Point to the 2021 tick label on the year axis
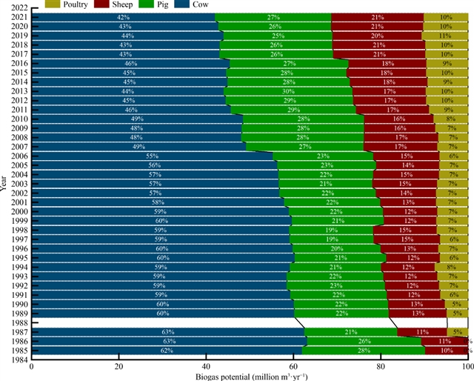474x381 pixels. click(20, 17)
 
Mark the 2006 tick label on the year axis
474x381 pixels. click(20, 156)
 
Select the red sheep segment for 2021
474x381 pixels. click(378, 17)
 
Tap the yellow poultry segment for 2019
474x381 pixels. click(445, 36)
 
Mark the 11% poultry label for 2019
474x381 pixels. click(445, 36)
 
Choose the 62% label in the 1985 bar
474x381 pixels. click(167, 350)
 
